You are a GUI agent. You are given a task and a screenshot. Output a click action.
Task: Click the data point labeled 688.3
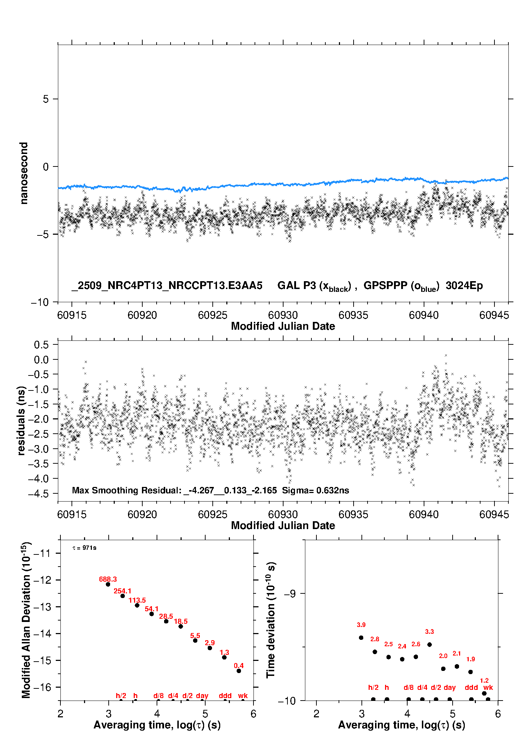pos(108,584)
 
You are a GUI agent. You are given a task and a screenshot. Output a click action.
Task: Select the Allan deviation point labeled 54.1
pos(152,614)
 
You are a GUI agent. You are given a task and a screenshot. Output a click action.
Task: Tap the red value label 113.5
pos(137,600)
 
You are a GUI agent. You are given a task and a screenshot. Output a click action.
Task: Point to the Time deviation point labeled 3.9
pos(361,638)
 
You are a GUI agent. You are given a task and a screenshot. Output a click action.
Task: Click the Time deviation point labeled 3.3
pos(429,644)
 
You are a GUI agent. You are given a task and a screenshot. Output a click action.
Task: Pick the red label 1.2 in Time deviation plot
pos(484,681)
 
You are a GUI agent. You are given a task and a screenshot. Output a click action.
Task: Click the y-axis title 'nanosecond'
pos(24,173)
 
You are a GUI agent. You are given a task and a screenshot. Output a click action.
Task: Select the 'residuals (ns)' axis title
pos(21,420)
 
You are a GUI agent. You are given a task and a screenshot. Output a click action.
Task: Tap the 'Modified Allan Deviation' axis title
pos(26,620)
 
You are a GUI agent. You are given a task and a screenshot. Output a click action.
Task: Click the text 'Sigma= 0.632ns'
pos(315,490)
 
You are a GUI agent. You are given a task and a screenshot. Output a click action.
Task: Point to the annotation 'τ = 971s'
pos(84,548)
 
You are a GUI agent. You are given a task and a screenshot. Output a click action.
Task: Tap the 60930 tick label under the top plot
pos(283,315)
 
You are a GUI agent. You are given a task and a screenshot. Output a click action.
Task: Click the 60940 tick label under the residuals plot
pos(424,514)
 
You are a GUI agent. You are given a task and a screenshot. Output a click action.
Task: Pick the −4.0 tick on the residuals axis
pos(41,478)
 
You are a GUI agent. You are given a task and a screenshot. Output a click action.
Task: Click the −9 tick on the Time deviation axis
pos(290,593)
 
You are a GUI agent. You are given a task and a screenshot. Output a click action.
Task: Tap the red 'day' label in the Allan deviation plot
pos(202,696)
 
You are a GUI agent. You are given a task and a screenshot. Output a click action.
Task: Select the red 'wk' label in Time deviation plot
pos(488,687)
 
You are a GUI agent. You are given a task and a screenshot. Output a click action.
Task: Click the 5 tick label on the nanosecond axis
pos(46,99)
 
